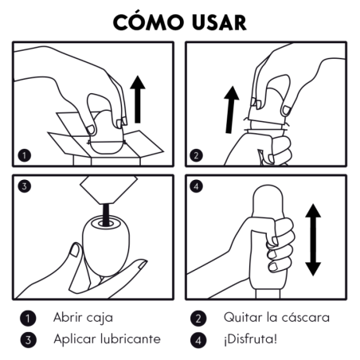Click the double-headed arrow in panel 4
pyautogui.click(x=314, y=238)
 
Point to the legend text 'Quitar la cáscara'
pyautogui.click(x=276, y=317)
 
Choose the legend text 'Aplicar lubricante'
pyautogui.click(x=106, y=338)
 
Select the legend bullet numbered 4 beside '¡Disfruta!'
pyautogui.click(x=198, y=339)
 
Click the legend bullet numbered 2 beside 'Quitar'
pyautogui.click(x=198, y=318)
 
